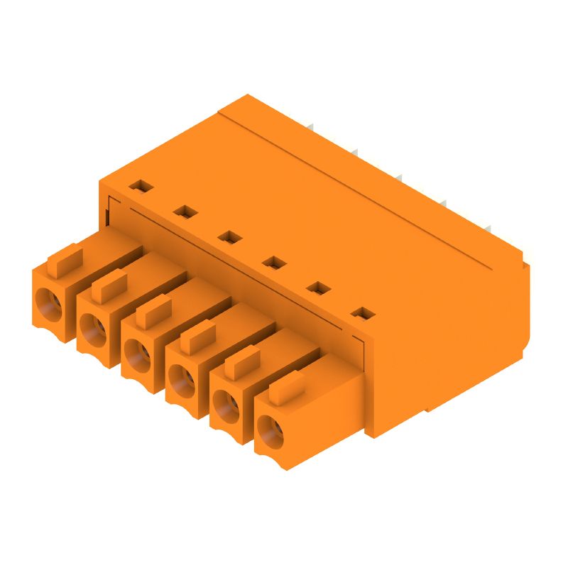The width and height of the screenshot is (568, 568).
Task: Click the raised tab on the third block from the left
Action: tap(154, 311)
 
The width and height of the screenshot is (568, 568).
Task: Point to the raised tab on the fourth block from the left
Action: tap(198, 336)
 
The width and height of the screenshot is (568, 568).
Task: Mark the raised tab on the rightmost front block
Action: tap(288, 387)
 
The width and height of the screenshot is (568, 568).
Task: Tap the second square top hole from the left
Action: tap(185, 211)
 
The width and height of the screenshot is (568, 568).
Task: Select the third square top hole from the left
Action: tap(229, 236)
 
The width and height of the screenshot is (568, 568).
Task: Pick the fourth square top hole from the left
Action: tap(273, 262)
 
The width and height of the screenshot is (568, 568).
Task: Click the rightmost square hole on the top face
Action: tap(363, 313)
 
